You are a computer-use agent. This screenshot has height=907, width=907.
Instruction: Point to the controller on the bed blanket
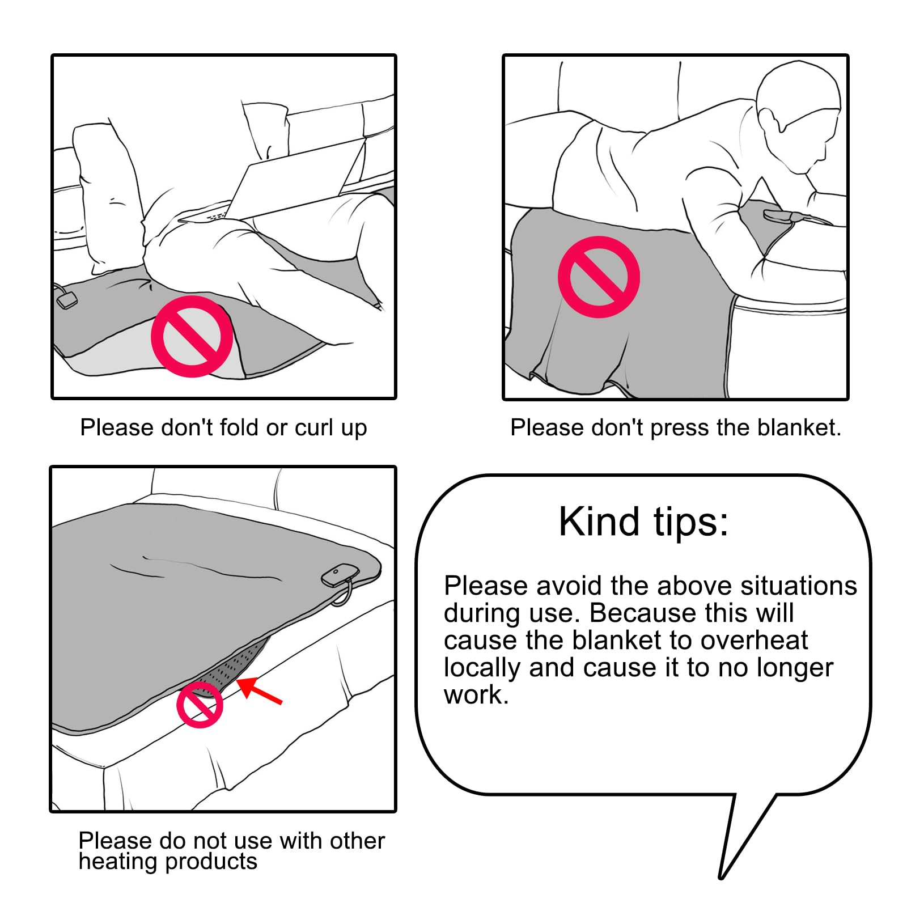click(340, 575)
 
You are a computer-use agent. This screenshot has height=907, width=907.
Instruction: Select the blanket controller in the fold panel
click(66, 300)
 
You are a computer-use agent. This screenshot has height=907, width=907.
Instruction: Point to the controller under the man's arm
click(783, 216)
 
